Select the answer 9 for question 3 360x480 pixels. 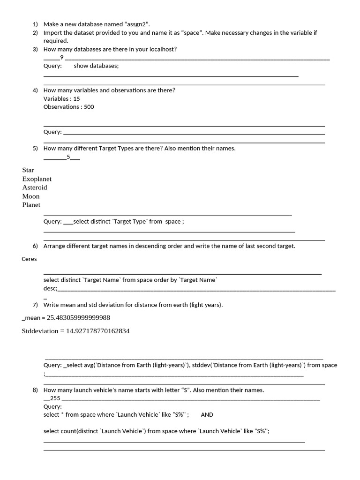(62, 57)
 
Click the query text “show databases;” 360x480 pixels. (96, 66)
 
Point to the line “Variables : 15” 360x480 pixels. (62, 98)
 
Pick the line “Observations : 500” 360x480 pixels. (69, 107)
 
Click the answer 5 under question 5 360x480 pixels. (68, 157)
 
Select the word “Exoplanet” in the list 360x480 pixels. (37, 179)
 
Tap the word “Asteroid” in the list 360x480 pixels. (35, 187)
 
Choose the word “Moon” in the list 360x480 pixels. (31, 196)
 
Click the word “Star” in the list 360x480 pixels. (28, 170)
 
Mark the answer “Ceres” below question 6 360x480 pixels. (29, 259)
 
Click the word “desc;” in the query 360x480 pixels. (50, 288)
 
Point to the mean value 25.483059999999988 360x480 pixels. (78, 318)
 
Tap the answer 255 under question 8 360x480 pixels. (55, 398)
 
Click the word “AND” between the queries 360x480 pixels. (207, 414)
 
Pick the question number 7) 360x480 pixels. (35, 305)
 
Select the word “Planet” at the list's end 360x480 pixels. (31, 205)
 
